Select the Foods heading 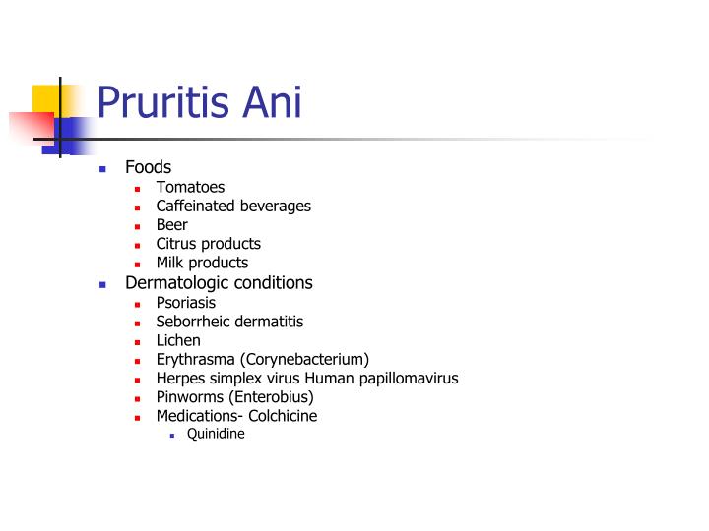149,167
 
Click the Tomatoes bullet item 190,187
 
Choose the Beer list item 171,225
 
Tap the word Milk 171,263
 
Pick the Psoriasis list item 185,303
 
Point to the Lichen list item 178,340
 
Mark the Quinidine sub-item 216,433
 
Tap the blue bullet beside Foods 102,168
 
